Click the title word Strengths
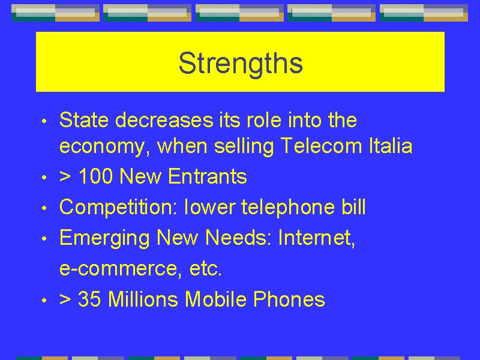(x=241, y=64)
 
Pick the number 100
(x=95, y=176)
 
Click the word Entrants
(x=207, y=176)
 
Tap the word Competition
(x=118, y=207)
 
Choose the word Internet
(x=317, y=238)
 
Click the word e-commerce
(x=118, y=268)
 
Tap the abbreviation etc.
(x=205, y=268)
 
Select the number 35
(x=89, y=299)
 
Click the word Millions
(x=143, y=299)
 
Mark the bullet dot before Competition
(x=44, y=208)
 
